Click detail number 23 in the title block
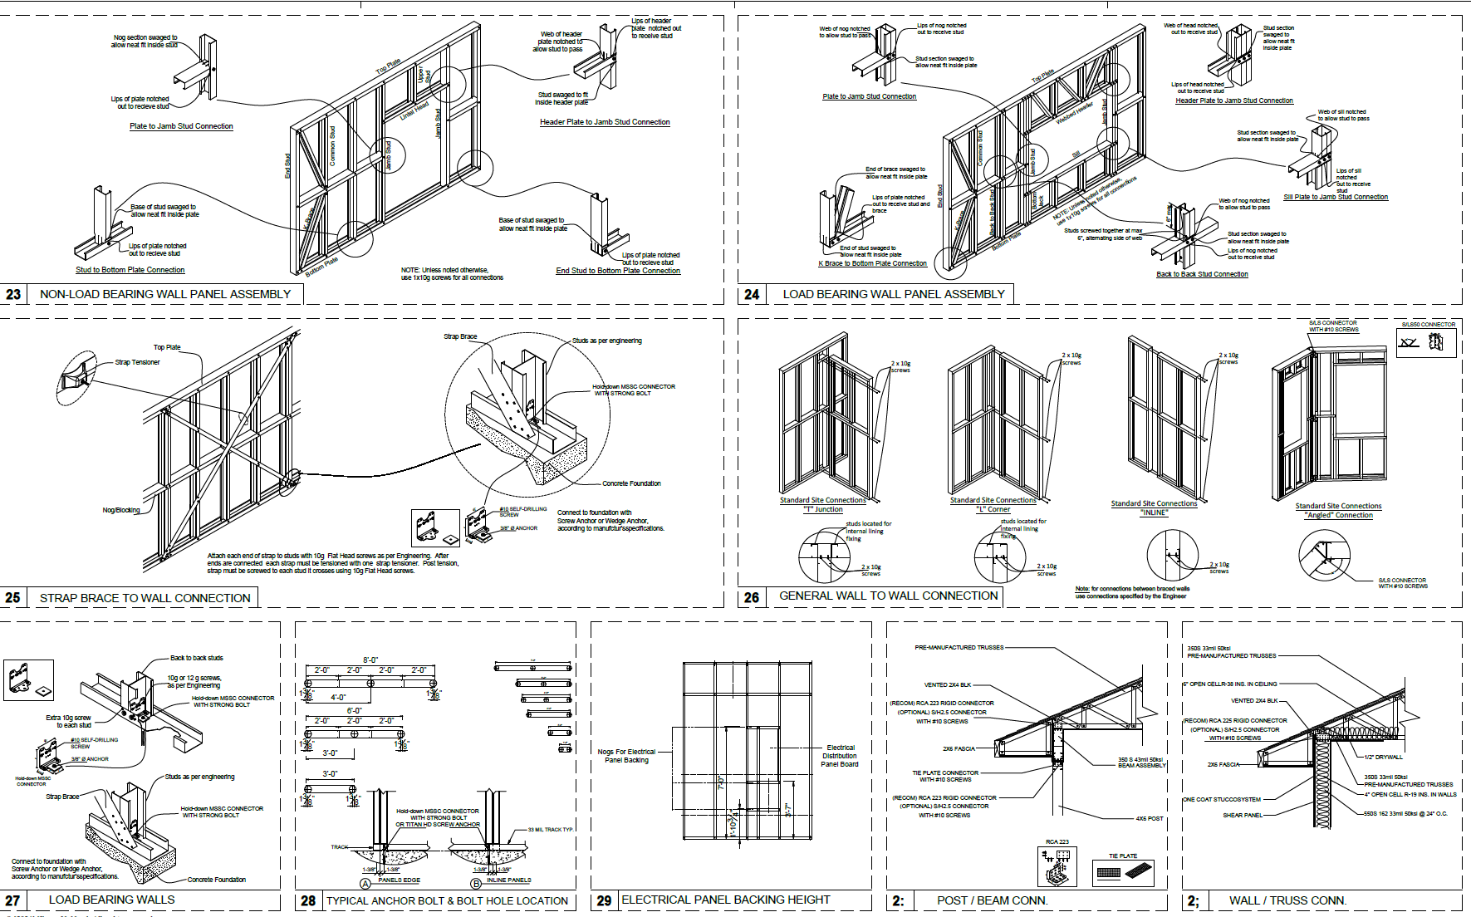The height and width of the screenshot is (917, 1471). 13,294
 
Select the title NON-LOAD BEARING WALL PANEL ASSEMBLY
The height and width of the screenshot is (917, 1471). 165,294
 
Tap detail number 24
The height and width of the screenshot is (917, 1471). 752,294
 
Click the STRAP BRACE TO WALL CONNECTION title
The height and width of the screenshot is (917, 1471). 145,598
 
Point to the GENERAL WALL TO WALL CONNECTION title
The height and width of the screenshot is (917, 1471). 888,596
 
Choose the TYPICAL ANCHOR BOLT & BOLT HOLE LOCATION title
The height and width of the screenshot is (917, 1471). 447,900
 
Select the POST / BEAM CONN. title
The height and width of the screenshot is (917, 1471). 992,900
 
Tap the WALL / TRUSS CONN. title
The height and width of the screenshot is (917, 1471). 1287,900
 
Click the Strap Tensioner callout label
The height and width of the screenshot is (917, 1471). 137,362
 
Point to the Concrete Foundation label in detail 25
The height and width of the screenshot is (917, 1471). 631,483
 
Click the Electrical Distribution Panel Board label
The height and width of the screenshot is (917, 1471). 840,756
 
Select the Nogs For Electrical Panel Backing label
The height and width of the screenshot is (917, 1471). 626,756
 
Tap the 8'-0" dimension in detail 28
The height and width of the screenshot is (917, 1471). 370,660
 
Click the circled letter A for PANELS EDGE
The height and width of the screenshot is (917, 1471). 365,884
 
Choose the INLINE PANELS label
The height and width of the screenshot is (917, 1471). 508,880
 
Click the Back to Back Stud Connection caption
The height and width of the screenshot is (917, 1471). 1202,274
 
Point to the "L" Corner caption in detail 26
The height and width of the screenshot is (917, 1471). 993,509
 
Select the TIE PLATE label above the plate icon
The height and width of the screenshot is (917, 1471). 1123,856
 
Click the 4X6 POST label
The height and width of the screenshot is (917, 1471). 1150,818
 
